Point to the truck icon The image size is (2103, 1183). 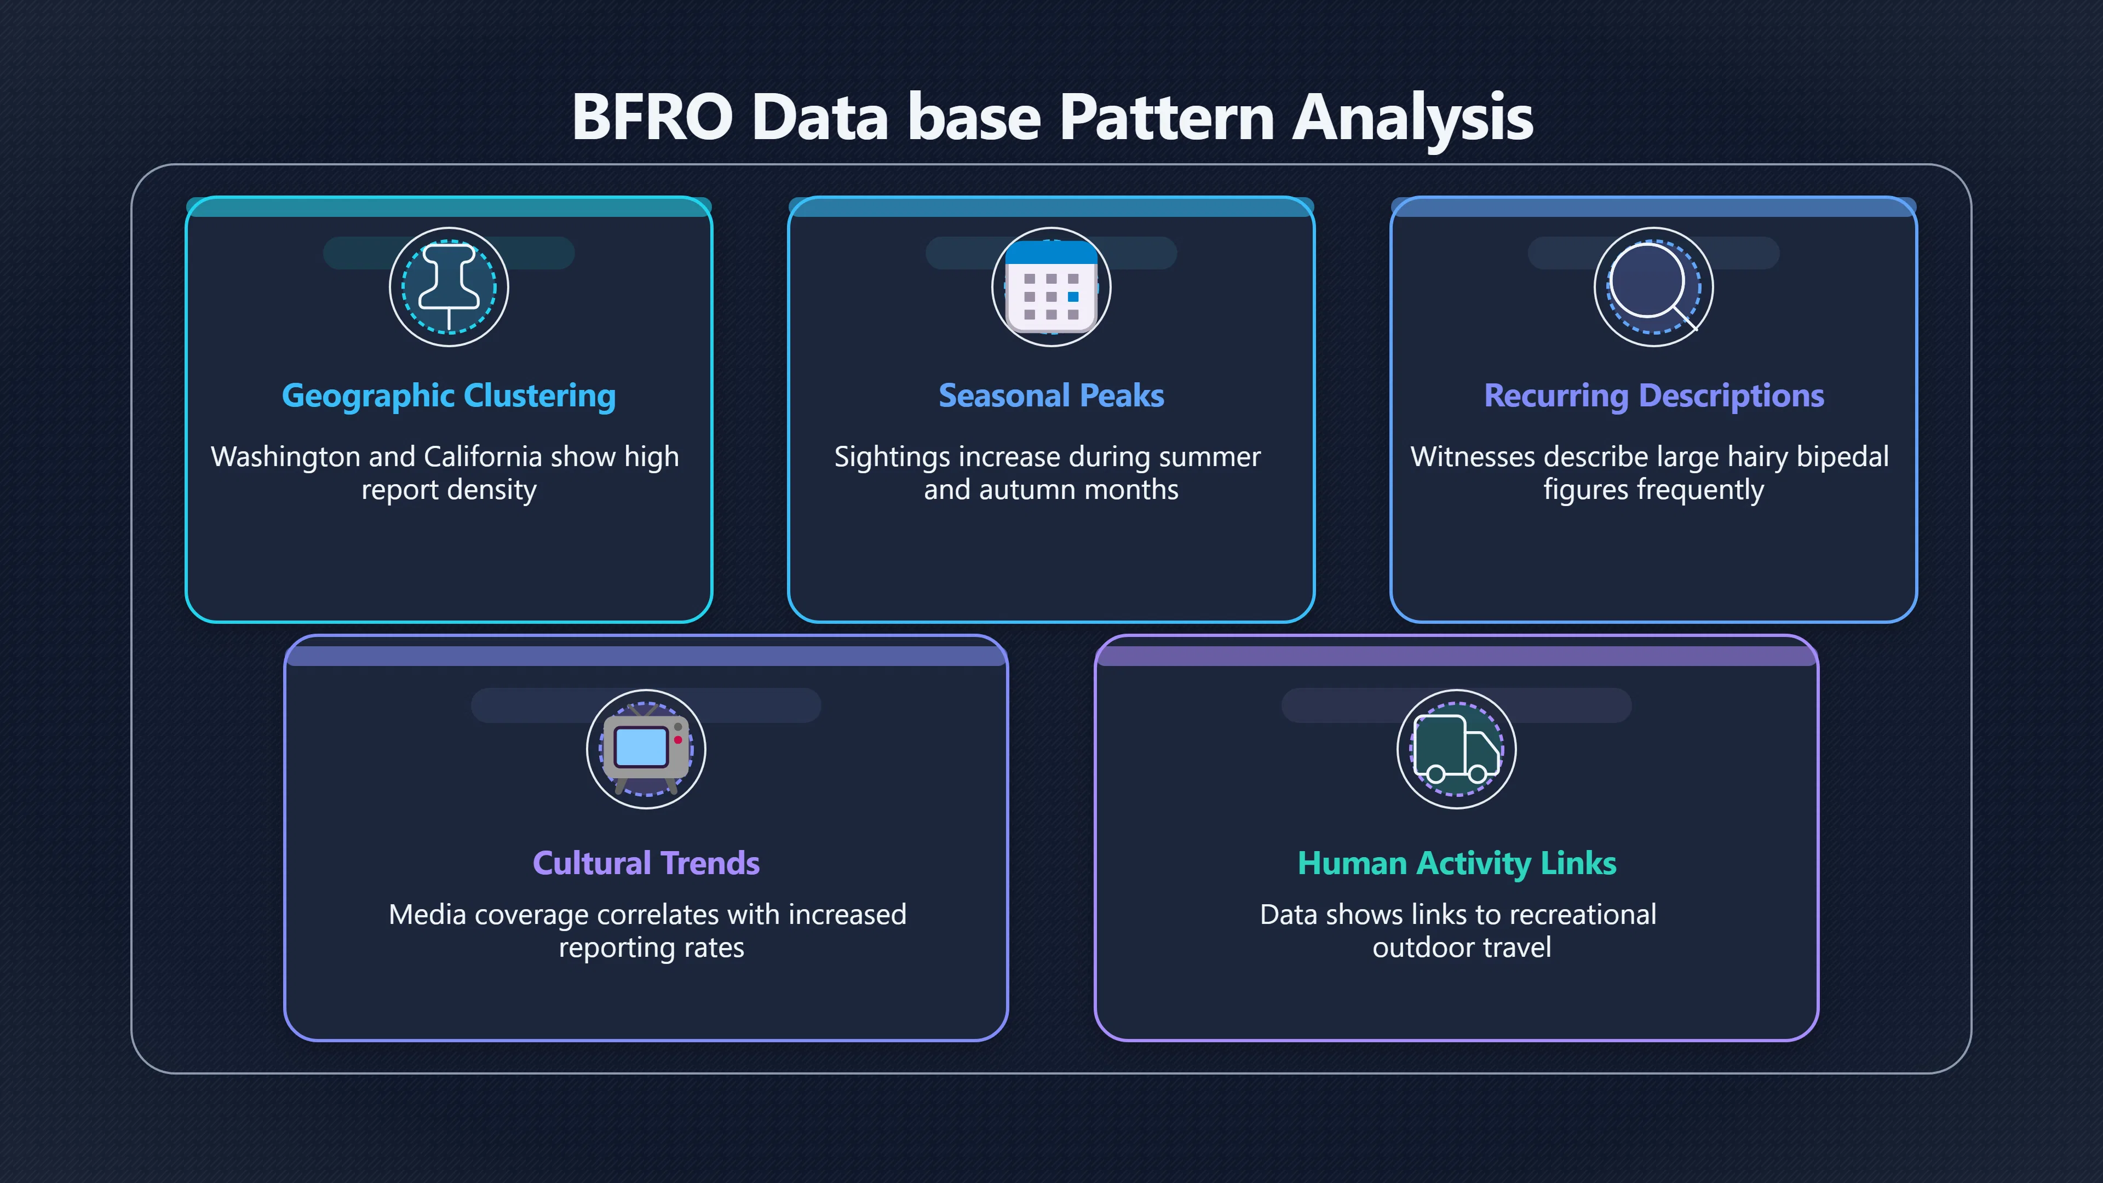point(1456,749)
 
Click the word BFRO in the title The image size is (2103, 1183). point(652,117)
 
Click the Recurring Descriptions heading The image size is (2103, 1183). point(1654,396)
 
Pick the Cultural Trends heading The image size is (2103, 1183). point(646,863)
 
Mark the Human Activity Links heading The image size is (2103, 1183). point(1456,864)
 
